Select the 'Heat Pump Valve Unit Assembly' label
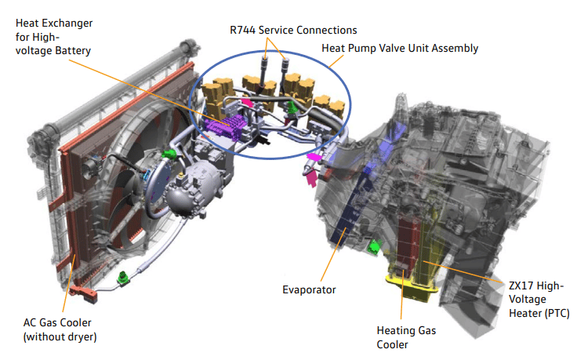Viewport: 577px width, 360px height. [x=400, y=48]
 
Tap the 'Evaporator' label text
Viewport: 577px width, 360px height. [x=310, y=289]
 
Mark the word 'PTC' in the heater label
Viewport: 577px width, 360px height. [x=553, y=314]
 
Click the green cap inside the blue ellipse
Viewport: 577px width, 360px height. [x=292, y=107]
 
